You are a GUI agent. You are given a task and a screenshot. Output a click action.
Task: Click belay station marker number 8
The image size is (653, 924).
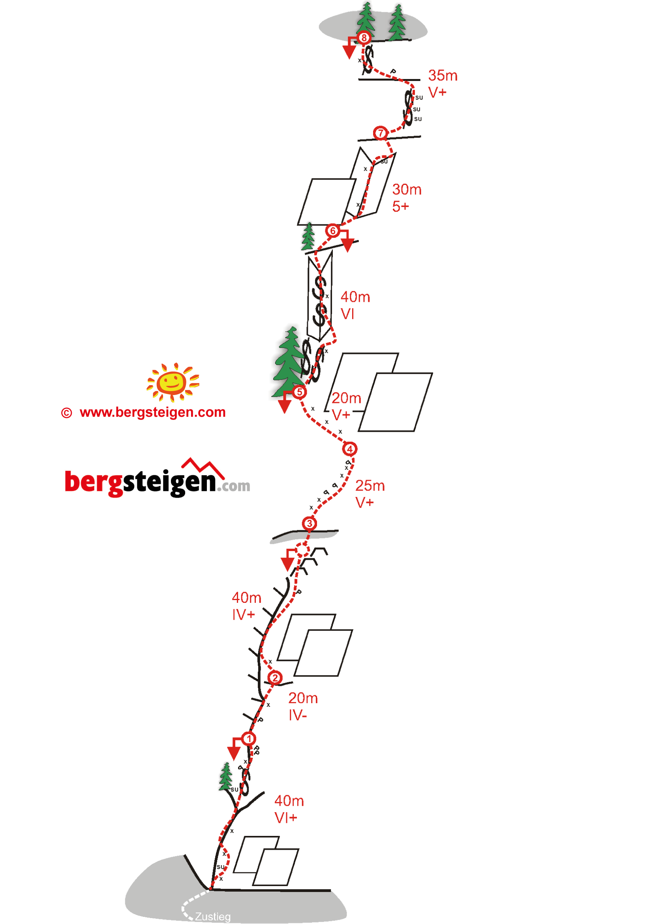(364, 38)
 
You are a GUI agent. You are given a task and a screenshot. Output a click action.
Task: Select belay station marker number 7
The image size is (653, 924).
(380, 133)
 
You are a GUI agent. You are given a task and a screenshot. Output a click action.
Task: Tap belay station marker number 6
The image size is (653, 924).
(332, 231)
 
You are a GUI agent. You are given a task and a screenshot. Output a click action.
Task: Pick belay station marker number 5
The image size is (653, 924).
(299, 392)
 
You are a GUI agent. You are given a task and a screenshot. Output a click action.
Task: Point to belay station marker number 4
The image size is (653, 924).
(349, 449)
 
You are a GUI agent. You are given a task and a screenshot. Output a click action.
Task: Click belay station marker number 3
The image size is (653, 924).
(309, 523)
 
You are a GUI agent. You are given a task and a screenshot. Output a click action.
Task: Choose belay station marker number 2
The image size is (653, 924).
(275, 678)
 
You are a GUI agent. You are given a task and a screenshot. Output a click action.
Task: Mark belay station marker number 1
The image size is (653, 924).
(249, 739)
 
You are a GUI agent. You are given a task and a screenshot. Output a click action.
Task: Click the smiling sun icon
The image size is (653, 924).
(173, 382)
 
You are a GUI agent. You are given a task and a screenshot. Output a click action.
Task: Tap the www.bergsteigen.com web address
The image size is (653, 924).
(152, 412)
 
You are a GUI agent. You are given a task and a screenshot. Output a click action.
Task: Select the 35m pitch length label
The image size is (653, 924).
(443, 76)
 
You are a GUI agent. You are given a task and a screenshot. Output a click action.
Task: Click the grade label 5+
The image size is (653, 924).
(400, 207)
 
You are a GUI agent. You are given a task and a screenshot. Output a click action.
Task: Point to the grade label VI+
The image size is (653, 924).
(285, 818)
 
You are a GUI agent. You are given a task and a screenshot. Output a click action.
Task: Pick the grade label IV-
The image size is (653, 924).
(298, 715)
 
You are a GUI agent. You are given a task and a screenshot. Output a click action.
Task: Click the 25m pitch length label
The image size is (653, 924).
(370, 486)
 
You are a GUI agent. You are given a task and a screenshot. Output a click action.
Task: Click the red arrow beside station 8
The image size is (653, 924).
(349, 50)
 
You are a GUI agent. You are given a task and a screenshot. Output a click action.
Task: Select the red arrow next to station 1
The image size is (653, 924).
(234, 751)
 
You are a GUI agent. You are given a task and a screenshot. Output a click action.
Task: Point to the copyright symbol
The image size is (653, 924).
(66, 413)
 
